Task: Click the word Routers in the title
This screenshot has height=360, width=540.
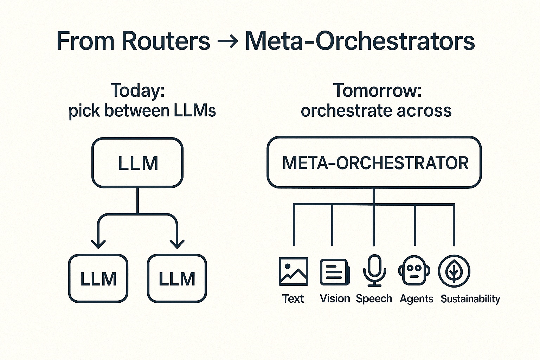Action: pyautogui.click(x=166, y=41)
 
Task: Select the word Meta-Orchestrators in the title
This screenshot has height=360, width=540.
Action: pyautogui.click(x=359, y=41)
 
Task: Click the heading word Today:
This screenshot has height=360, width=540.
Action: pyautogui.click(x=138, y=90)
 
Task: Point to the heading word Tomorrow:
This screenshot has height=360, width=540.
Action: pyautogui.click(x=377, y=90)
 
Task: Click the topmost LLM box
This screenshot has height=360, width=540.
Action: pyautogui.click(x=137, y=162)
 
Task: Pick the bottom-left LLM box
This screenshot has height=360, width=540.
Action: pyautogui.click(x=98, y=278)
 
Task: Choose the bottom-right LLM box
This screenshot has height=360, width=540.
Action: pyautogui.click(x=177, y=278)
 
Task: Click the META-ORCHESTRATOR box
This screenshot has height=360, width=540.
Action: pyautogui.click(x=374, y=162)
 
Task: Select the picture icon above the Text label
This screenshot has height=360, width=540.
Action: pyautogui.click(x=293, y=271)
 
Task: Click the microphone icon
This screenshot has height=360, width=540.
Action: pyautogui.click(x=374, y=270)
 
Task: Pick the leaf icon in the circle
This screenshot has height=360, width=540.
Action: pyautogui.click(x=454, y=271)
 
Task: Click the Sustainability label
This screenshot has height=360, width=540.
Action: pyautogui.click(x=470, y=299)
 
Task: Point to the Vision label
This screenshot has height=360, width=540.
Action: pyautogui.click(x=335, y=298)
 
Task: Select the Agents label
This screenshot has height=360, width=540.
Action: pyautogui.click(x=416, y=299)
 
